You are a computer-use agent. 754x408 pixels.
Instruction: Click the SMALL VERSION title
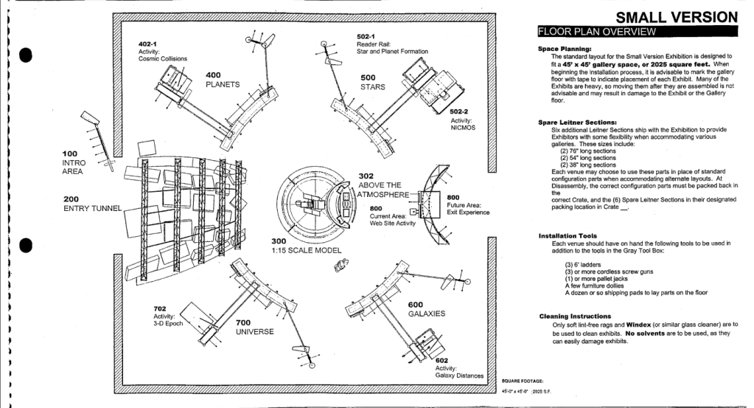point(676,16)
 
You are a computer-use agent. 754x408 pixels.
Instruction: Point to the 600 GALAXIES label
point(426,308)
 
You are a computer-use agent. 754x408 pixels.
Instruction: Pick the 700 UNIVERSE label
point(254,327)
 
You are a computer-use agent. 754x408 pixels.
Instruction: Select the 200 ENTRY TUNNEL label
point(91,204)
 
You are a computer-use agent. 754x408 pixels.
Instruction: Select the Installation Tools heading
point(571,235)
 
